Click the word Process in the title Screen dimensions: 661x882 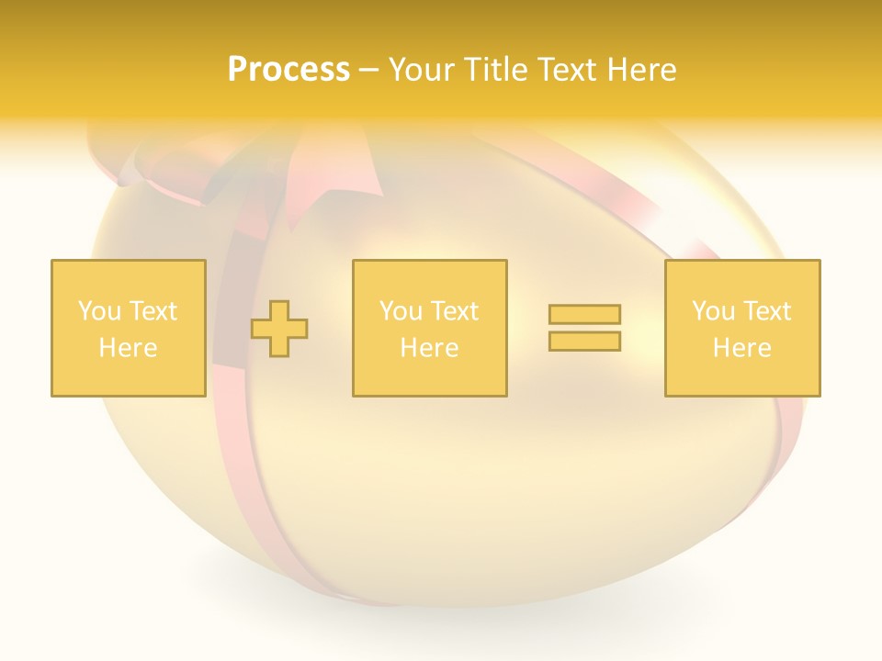click(x=288, y=70)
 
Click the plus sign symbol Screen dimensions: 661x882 click(x=279, y=329)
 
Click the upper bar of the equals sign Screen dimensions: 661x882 click(x=584, y=315)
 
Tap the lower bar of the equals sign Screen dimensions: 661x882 click(x=584, y=342)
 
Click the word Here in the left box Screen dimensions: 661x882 click(x=128, y=348)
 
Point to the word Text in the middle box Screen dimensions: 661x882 click(x=455, y=311)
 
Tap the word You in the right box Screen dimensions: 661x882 click(x=713, y=311)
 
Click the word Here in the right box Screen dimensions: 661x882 click(x=742, y=348)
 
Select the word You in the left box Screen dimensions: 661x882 click(x=99, y=311)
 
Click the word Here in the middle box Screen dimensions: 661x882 click(x=429, y=348)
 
